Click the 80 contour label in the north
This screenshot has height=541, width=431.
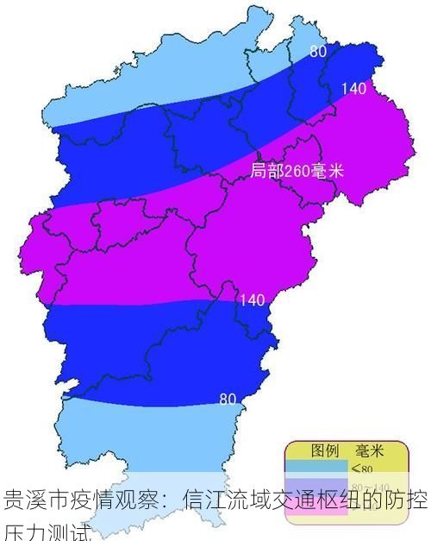pos(318,52)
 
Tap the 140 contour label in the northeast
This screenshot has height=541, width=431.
pos(354,88)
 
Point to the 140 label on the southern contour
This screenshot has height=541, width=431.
pos(252,300)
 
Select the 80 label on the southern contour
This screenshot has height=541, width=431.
pos(228,399)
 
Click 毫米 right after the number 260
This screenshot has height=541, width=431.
pos(326,171)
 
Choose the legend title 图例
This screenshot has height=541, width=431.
pos(324,450)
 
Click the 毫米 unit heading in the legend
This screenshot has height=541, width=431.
pos(369,450)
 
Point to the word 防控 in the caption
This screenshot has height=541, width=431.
pos(408,500)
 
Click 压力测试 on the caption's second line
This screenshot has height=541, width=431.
pos(47,528)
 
